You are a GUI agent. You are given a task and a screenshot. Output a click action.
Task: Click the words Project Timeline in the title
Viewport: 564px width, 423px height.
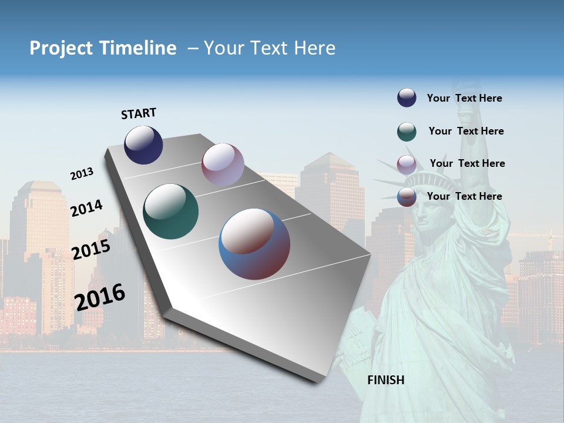(103, 48)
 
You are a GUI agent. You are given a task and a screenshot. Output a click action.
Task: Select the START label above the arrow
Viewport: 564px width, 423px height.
(139, 113)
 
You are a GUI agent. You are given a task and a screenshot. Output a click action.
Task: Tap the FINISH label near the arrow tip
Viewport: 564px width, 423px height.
(386, 380)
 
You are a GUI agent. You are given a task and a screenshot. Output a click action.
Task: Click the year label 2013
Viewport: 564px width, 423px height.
(82, 174)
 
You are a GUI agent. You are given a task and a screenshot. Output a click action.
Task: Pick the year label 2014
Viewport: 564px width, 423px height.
(86, 208)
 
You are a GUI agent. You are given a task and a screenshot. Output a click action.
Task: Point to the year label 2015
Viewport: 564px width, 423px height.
(91, 250)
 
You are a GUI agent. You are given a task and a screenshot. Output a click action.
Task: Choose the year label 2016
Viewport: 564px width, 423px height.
(100, 297)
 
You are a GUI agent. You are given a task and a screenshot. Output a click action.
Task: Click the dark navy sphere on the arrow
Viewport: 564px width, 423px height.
(143, 145)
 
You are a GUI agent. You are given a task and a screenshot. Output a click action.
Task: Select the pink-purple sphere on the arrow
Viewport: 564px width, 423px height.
(223, 164)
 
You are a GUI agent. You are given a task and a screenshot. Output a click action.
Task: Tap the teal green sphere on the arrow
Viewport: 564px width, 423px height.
(171, 211)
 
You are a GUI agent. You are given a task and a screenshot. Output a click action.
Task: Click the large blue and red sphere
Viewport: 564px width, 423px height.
(254, 244)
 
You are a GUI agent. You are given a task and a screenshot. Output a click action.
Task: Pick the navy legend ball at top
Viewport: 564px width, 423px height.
(407, 98)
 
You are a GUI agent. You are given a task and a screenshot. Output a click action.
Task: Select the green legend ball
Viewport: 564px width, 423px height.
(407, 132)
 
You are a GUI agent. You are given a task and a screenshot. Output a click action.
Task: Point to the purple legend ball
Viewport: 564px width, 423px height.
(407, 164)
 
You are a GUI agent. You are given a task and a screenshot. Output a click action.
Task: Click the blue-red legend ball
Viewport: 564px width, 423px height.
(407, 197)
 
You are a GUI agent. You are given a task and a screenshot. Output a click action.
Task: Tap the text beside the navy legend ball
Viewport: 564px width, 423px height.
(464, 98)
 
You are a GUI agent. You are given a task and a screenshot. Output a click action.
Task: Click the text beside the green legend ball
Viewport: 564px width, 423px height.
(466, 131)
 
